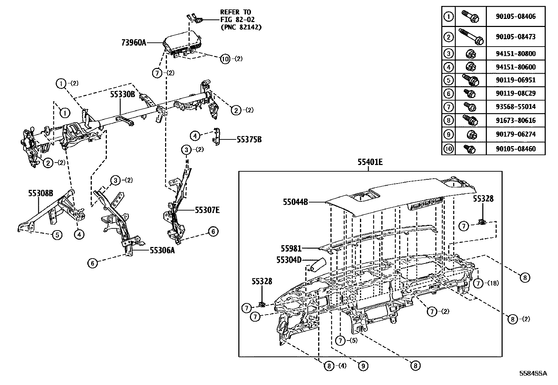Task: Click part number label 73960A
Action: (134, 43)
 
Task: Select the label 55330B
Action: (123, 94)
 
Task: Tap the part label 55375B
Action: (249, 139)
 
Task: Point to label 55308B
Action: (41, 193)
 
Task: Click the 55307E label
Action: (207, 210)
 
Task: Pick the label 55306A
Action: (162, 250)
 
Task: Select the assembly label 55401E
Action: (370, 162)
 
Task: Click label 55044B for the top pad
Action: (295, 202)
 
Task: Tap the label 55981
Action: (291, 248)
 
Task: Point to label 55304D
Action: (288, 260)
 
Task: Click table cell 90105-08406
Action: (516, 16)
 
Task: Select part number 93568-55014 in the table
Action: (516, 107)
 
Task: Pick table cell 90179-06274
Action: (516, 134)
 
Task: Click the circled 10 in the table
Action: (448, 149)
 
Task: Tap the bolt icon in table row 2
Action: (471, 36)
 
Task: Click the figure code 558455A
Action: (533, 373)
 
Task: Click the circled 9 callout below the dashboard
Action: (363, 366)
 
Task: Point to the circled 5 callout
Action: (57, 235)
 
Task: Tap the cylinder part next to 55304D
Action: (316, 264)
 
